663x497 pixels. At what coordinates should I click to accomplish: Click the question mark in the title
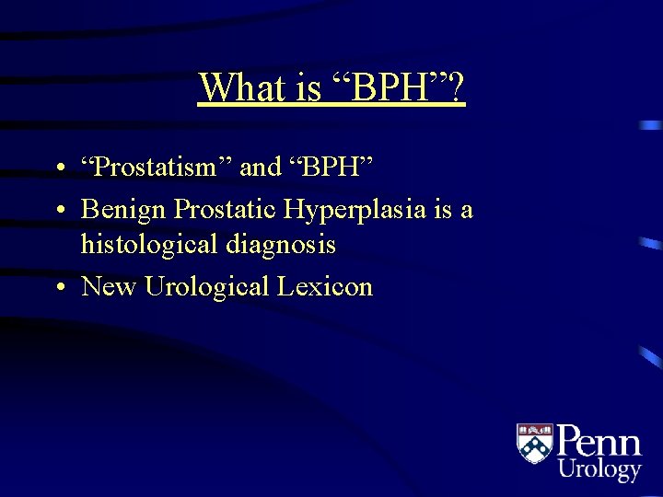click(456, 88)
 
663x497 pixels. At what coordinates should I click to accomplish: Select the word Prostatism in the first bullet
click(157, 167)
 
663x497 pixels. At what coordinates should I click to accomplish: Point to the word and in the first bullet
click(260, 167)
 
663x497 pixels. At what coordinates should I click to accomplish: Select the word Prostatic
click(225, 210)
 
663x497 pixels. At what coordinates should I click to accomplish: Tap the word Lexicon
click(325, 286)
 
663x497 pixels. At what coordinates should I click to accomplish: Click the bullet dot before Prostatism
click(58, 168)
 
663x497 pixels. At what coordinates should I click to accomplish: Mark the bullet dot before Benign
click(58, 212)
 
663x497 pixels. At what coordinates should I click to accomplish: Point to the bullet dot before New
click(58, 288)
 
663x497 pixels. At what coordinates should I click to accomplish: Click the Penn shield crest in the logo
click(534, 444)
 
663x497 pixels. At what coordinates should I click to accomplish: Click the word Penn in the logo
click(599, 440)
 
